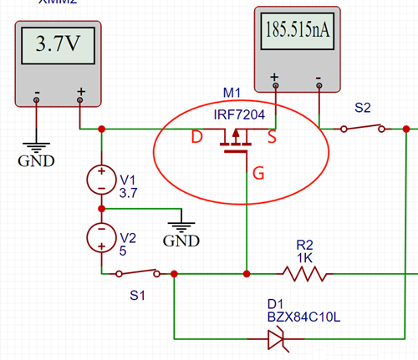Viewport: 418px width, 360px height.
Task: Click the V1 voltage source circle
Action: point(101,179)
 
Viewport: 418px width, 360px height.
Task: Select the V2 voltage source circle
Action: point(101,237)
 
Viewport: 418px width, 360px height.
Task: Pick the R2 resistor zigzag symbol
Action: point(304,273)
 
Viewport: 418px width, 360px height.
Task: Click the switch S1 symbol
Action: point(140,272)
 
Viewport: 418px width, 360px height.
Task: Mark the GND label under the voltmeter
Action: point(34,158)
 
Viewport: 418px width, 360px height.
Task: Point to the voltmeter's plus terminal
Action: point(80,99)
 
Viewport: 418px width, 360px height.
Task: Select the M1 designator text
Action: point(232,91)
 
